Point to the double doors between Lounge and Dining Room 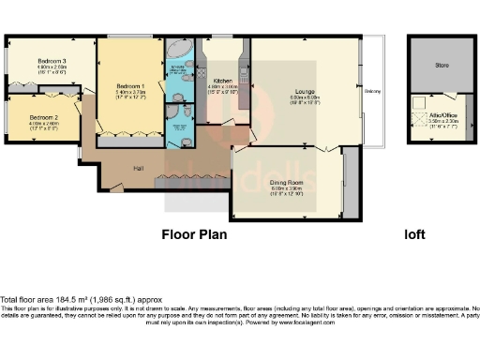pos(326,149)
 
